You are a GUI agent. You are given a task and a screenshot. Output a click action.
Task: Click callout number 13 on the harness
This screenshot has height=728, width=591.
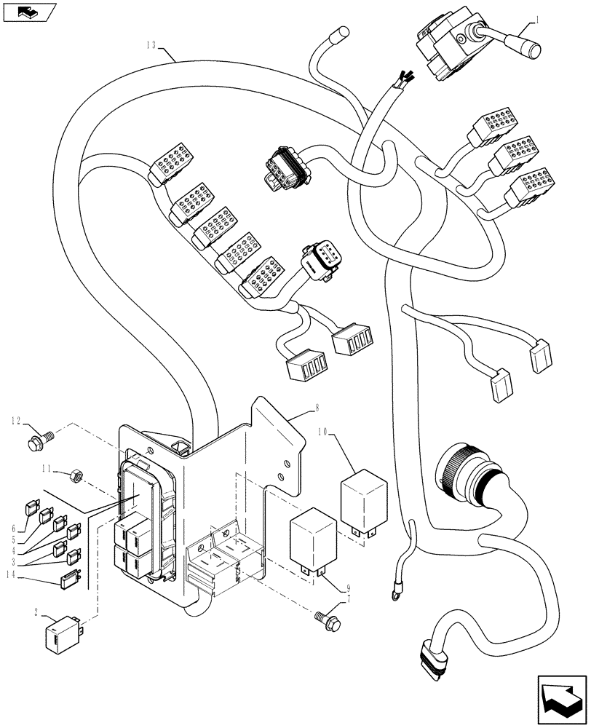[x=151, y=45]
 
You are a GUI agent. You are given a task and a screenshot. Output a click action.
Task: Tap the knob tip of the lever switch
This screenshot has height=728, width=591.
[x=534, y=50]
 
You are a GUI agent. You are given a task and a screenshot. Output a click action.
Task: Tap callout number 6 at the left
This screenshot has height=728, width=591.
[x=14, y=529]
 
